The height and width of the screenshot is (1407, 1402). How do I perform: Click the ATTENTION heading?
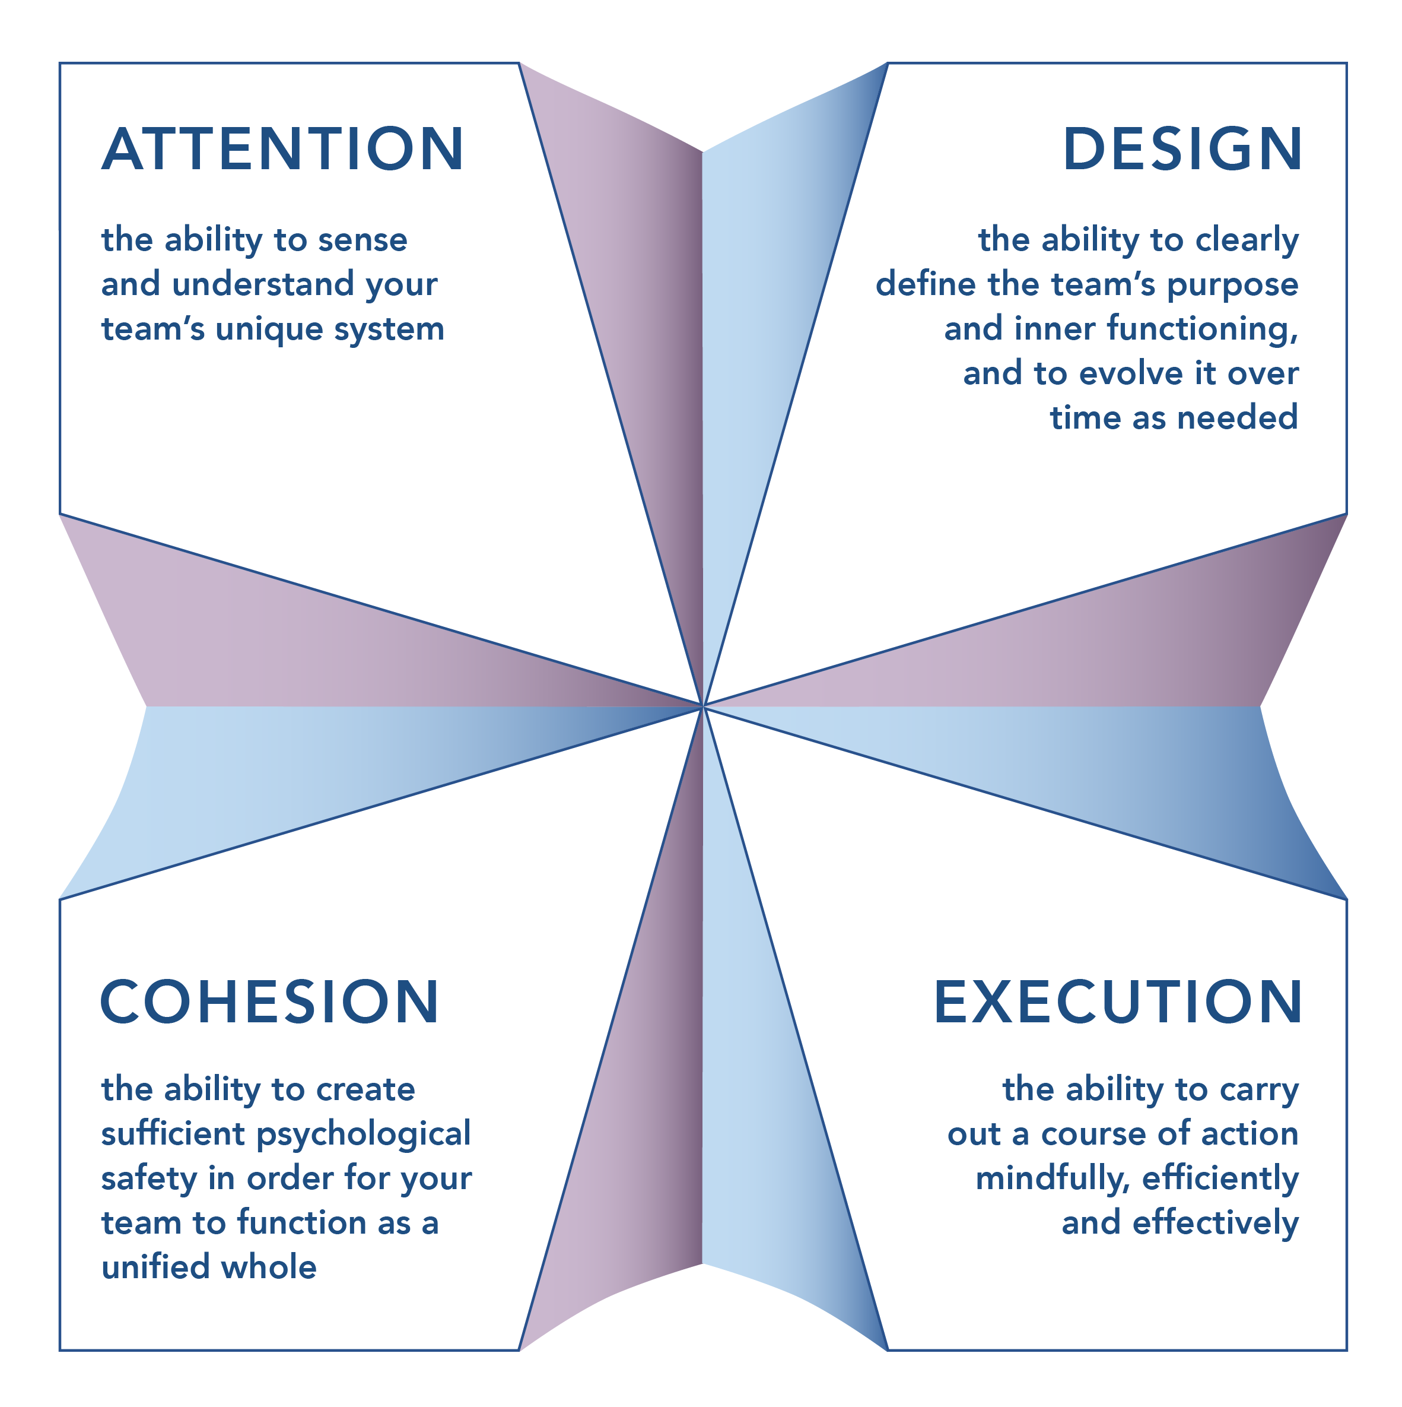click(282, 149)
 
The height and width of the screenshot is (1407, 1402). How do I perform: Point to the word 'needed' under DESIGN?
click(1238, 419)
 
